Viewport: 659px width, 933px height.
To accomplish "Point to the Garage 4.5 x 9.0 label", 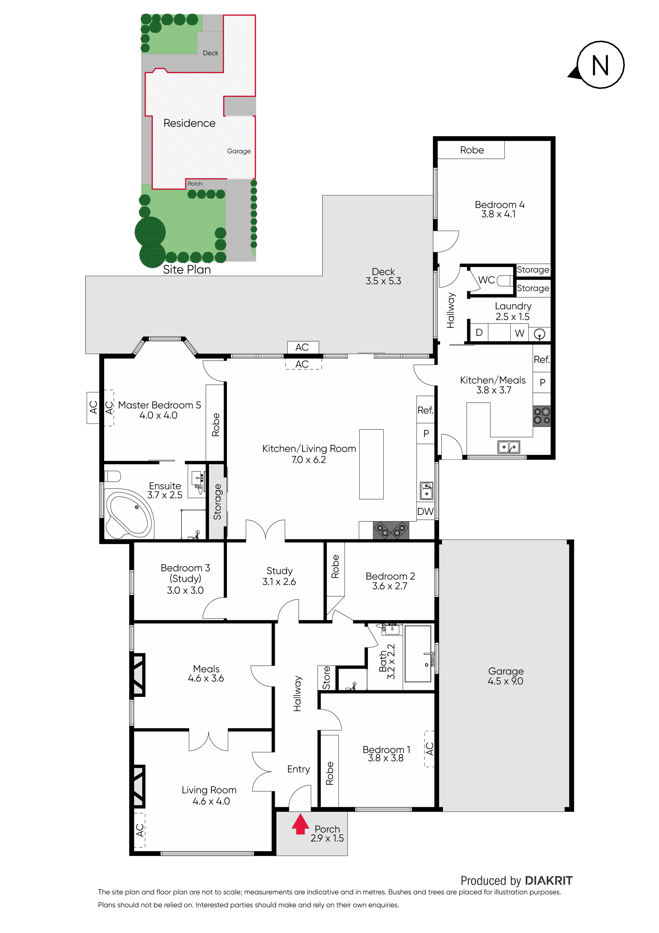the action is [x=505, y=676].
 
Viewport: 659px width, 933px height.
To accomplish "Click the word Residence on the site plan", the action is [x=189, y=123].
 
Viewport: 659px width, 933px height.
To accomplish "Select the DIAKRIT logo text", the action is [x=548, y=881].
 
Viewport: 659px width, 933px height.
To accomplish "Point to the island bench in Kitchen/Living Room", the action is [x=371, y=464].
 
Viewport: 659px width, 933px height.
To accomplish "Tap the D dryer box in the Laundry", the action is [x=479, y=332].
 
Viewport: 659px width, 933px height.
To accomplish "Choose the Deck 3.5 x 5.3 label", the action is [x=383, y=276].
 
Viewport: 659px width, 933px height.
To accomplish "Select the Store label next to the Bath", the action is [x=326, y=677].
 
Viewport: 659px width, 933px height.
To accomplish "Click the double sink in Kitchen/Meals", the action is [x=509, y=447].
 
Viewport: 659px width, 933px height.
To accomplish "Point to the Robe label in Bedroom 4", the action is [x=472, y=150].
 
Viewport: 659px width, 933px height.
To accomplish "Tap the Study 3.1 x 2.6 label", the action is [x=279, y=576].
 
